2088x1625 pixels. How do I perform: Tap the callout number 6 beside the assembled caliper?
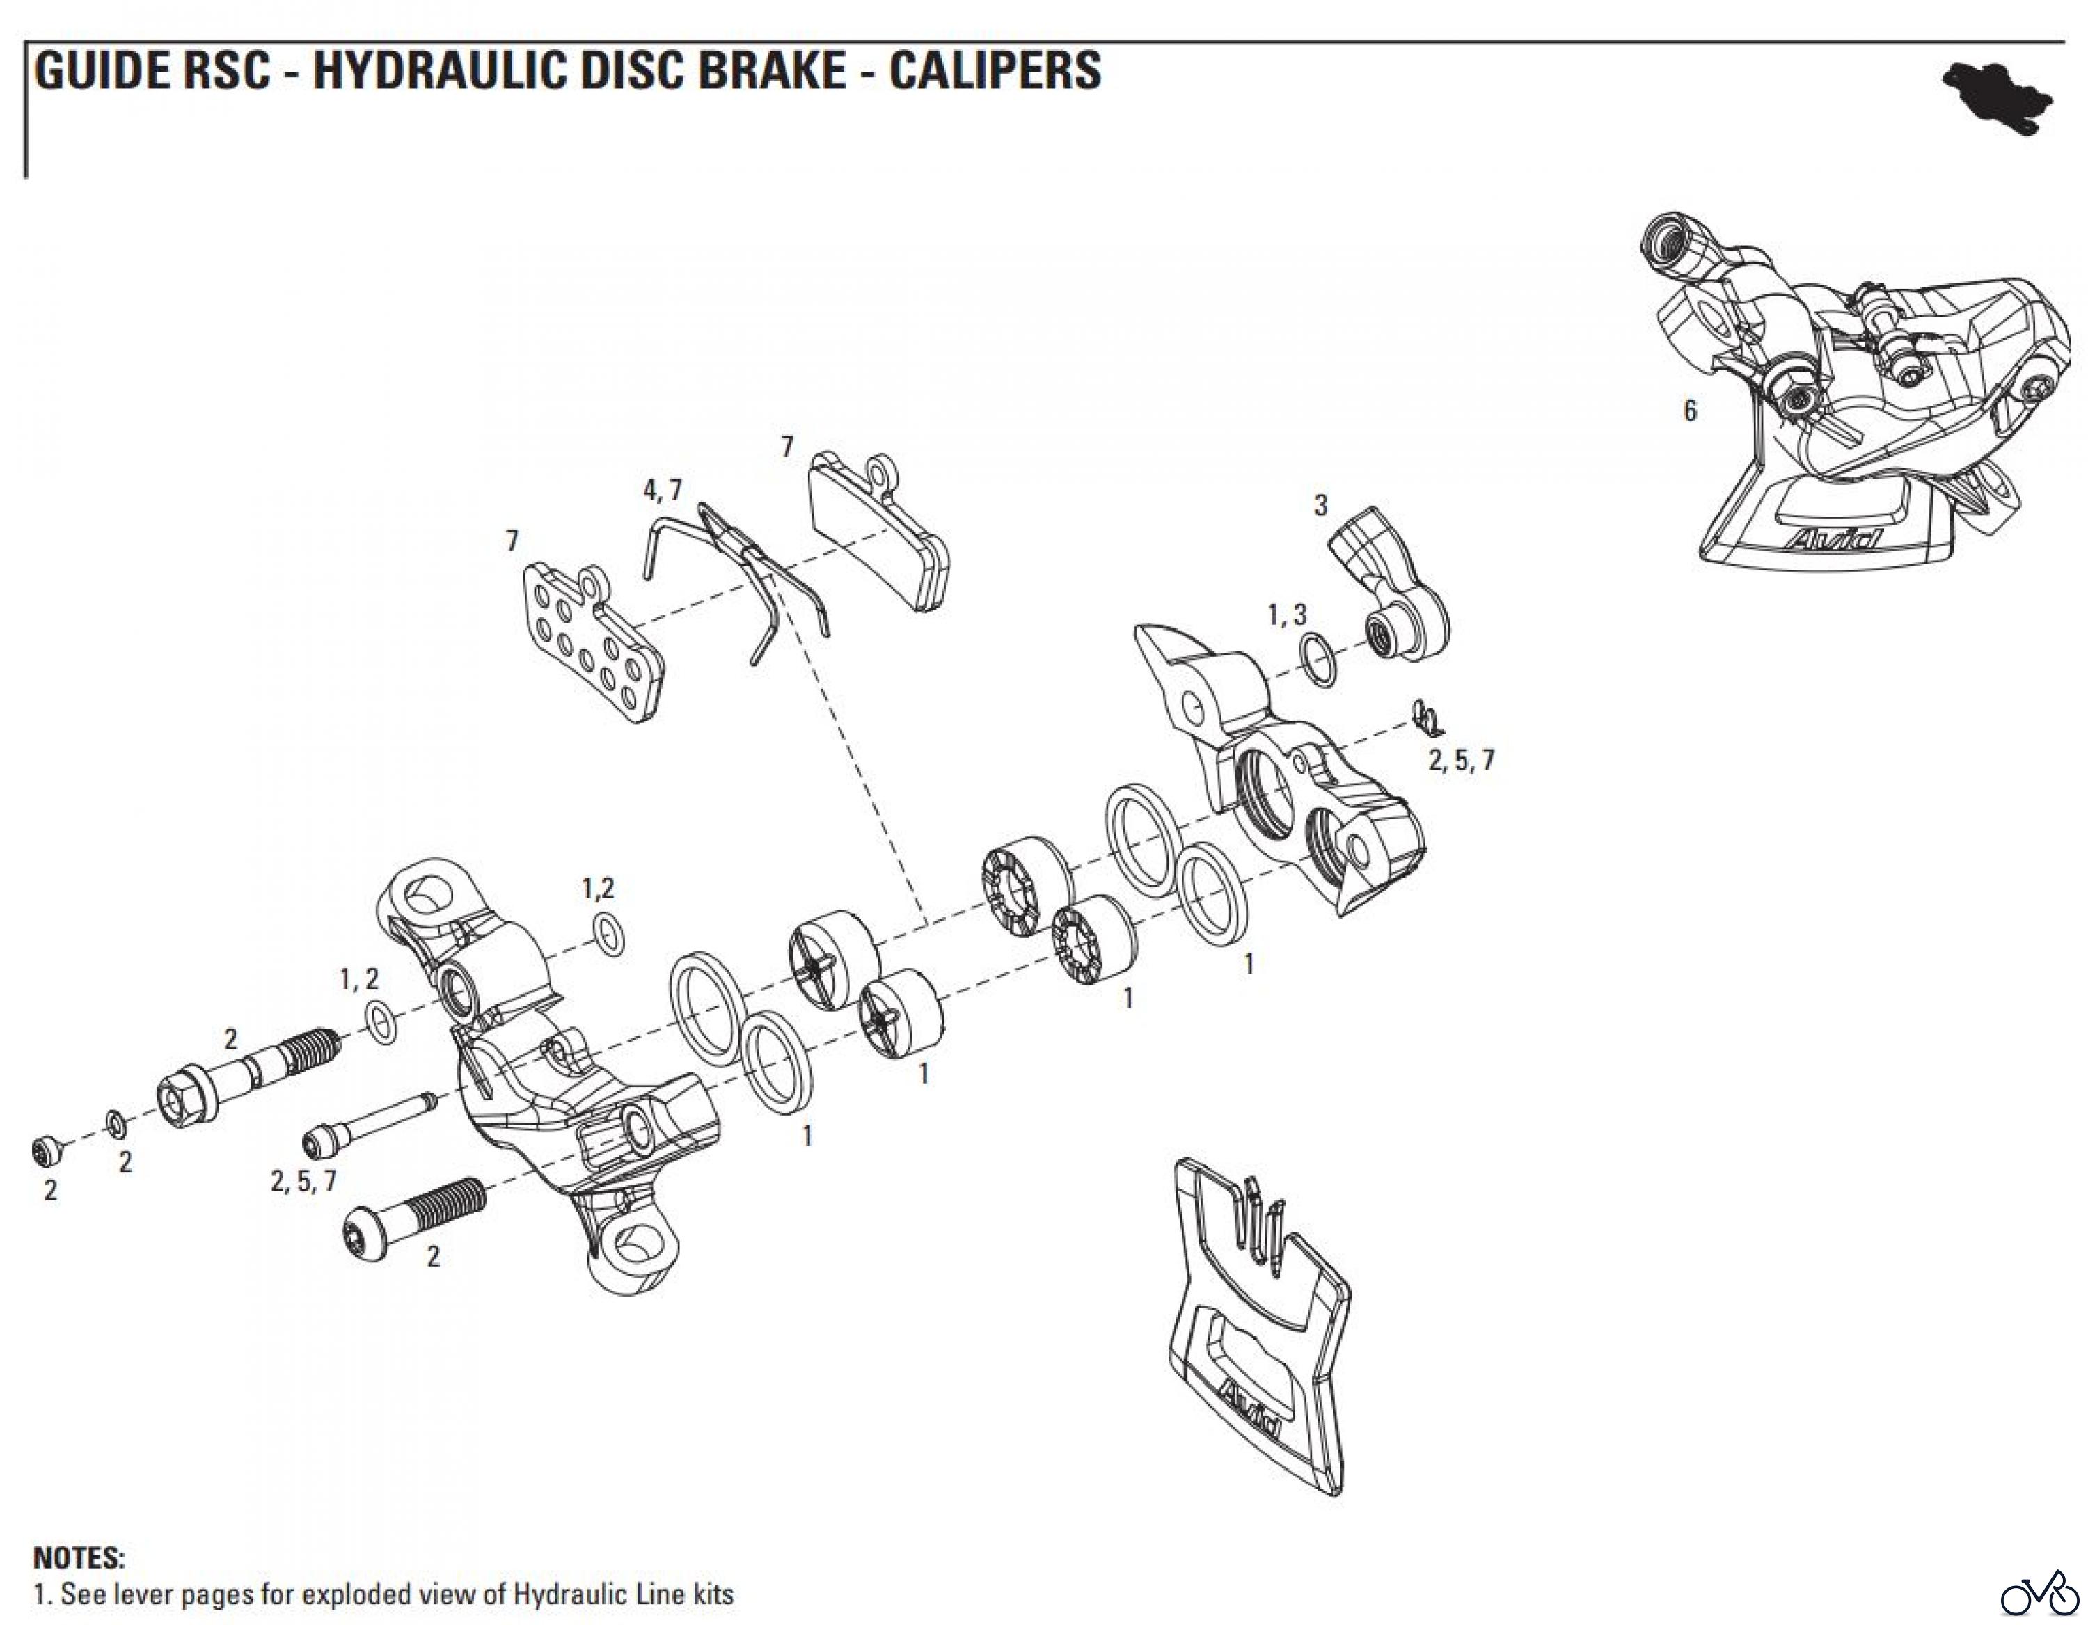(x=1689, y=411)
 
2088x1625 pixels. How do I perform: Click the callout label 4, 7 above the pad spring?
(x=663, y=491)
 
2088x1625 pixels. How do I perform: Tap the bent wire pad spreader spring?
(x=745, y=573)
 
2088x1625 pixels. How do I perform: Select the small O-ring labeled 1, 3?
(x=1318, y=660)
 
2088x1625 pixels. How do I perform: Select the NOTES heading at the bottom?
(x=79, y=1558)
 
